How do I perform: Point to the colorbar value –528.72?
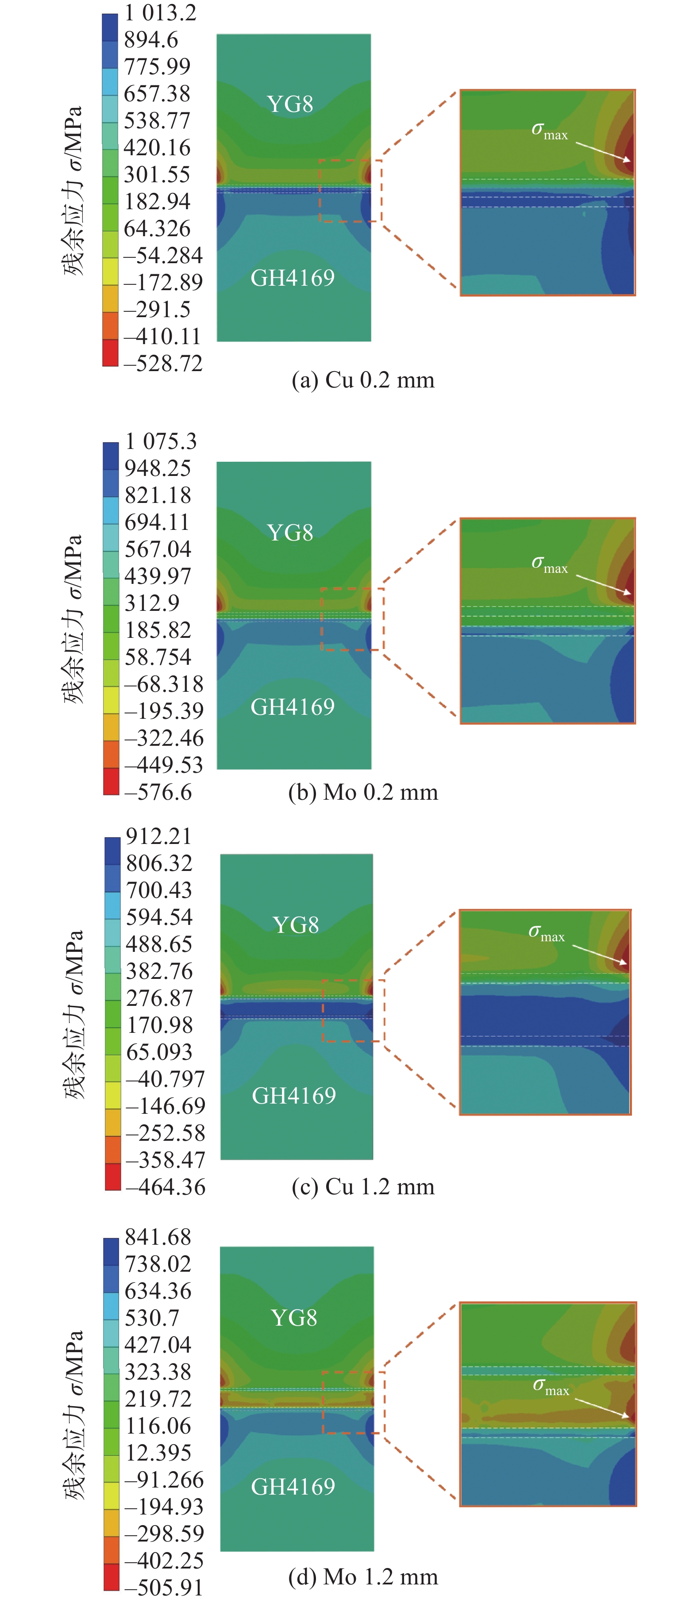(x=163, y=364)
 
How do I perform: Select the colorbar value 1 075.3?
(x=161, y=441)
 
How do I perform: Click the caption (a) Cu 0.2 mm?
(x=363, y=380)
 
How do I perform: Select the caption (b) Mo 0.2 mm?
(x=363, y=792)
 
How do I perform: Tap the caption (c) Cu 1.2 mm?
(x=363, y=1187)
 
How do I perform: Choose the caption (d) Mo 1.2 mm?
(x=363, y=1577)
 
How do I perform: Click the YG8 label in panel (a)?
(x=290, y=104)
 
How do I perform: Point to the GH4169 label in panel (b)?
(x=293, y=707)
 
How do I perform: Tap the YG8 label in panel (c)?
(x=296, y=925)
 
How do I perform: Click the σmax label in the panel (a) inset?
(x=549, y=130)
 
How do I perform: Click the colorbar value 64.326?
(x=157, y=228)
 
